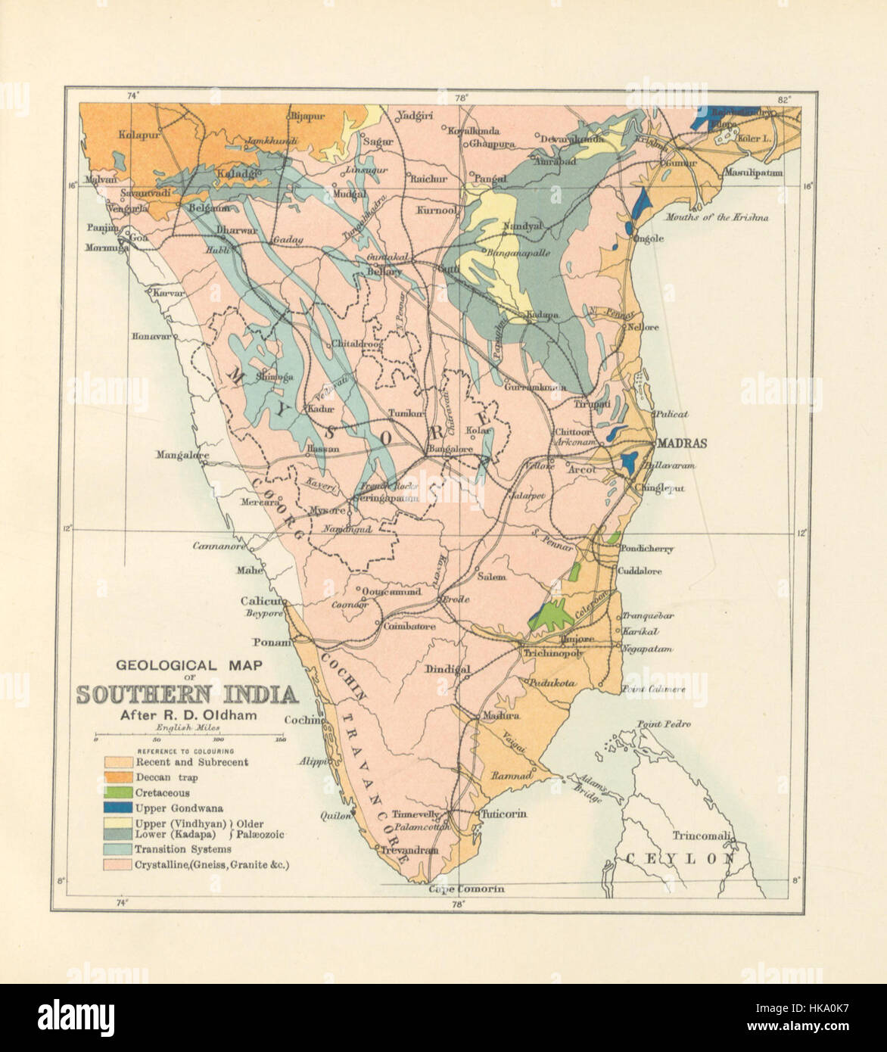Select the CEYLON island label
click(x=680, y=858)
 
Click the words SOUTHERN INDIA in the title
click(x=185, y=695)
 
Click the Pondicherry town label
click(x=646, y=549)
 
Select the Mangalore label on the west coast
click(x=182, y=455)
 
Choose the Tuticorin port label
click(x=500, y=814)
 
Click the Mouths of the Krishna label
click(x=717, y=217)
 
